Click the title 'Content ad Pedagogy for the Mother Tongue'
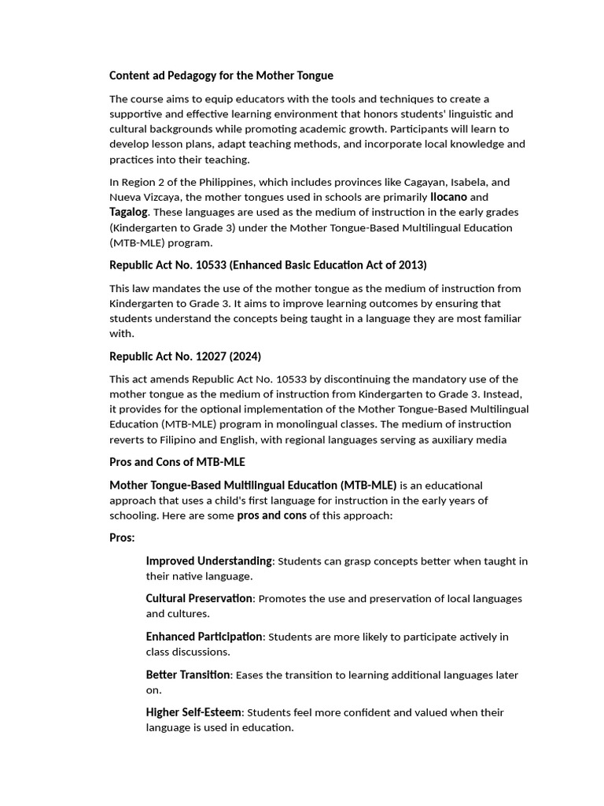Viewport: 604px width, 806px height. tap(221, 76)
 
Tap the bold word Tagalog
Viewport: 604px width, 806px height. tap(128, 212)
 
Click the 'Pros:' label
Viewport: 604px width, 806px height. tap(122, 538)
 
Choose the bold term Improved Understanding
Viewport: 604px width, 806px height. tap(208, 561)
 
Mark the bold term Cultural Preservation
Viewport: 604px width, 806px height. tap(199, 599)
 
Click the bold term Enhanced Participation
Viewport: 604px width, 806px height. tap(204, 637)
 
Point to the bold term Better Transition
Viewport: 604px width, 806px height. tap(188, 675)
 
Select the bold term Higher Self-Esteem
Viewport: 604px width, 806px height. tap(193, 712)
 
